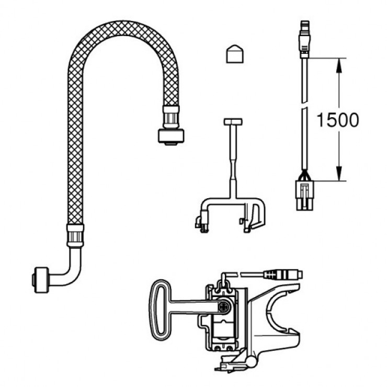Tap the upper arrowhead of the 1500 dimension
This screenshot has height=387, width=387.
pyautogui.click(x=339, y=63)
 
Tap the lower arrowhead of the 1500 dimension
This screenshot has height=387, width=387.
pyautogui.click(x=339, y=175)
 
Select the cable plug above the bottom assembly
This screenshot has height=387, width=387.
pyautogui.click(x=282, y=274)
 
